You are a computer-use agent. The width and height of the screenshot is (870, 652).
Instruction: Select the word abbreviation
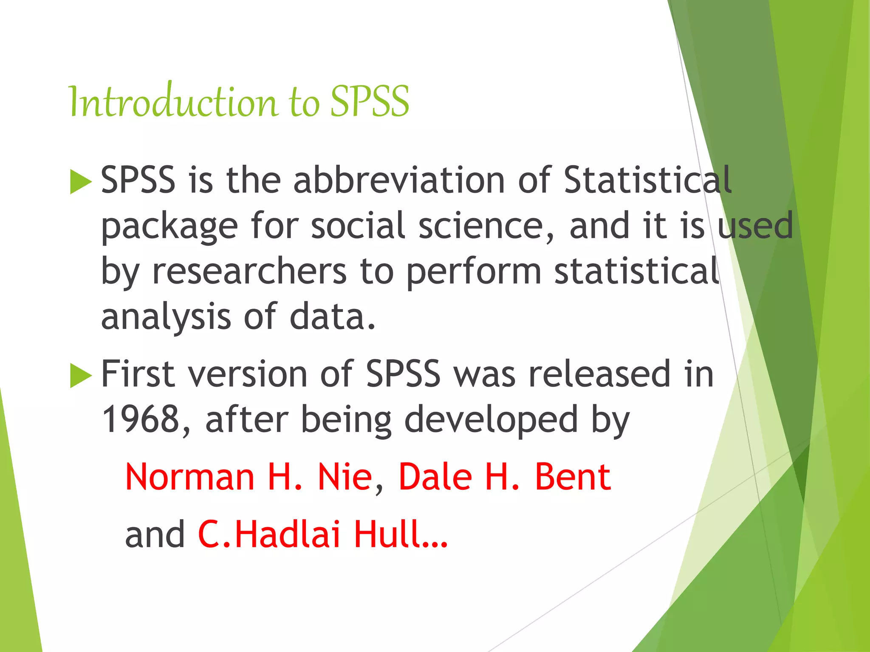399,180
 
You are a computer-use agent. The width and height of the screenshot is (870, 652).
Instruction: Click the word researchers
249,272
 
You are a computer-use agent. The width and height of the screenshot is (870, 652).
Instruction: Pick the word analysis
166,318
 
